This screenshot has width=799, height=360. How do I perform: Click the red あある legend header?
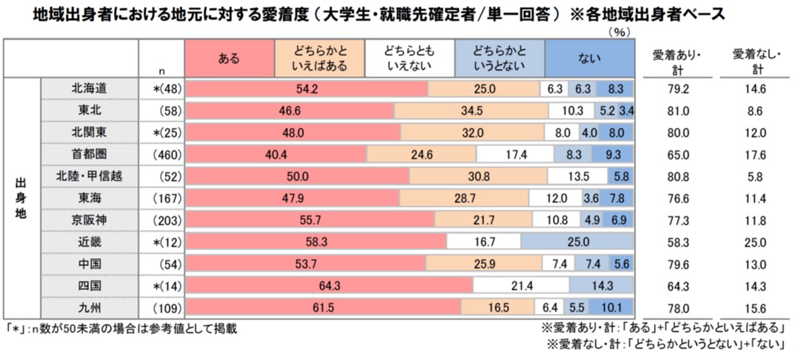pyautogui.click(x=229, y=58)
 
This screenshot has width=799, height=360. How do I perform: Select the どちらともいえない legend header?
pyautogui.click(x=410, y=58)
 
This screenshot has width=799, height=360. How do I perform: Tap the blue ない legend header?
pyautogui.click(x=590, y=58)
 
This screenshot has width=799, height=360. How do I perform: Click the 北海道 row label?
pyautogui.click(x=89, y=88)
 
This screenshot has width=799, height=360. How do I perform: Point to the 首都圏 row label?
pyautogui.click(x=89, y=155)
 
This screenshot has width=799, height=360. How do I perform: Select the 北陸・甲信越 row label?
pyautogui.click(x=89, y=176)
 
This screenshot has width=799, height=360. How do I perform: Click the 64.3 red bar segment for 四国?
pyautogui.click(x=329, y=285)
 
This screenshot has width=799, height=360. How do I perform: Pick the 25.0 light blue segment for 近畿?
pyautogui.click(x=577, y=242)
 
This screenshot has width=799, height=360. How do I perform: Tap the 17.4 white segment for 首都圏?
pyautogui.click(x=515, y=155)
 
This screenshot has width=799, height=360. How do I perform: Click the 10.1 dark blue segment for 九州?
pyautogui.click(x=611, y=307)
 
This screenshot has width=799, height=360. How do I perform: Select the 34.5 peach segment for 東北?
pyautogui.click(x=471, y=111)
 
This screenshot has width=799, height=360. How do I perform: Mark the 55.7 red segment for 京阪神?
pyautogui.click(x=310, y=220)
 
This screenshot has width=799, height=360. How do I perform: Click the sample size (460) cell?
pyautogui.click(x=167, y=155)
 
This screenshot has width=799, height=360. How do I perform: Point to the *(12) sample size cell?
pyautogui.click(x=167, y=242)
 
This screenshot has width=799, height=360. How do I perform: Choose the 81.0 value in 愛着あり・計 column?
pyautogui.click(x=678, y=111)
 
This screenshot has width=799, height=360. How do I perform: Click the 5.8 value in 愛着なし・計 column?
pyautogui.click(x=755, y=177)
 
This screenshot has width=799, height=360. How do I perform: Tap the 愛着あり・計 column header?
pyautogui.click(x=677, y=62)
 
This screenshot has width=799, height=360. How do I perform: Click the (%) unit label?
pyautogui.click(x=619, y=32)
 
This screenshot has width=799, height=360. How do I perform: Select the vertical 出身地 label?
pyautogui.click(x=21, y=198)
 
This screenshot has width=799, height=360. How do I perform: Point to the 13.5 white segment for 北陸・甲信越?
pyautogui.click(x=577, y=176)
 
